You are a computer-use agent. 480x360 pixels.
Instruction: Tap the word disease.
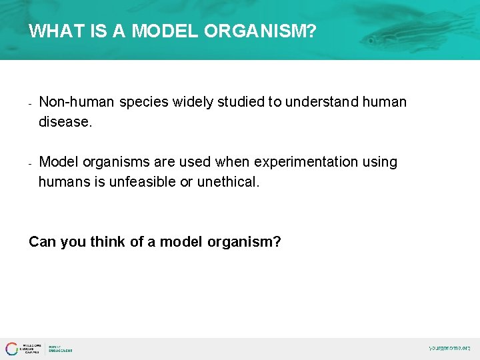(65, 122)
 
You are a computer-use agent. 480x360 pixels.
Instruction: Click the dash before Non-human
(31, 103)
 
